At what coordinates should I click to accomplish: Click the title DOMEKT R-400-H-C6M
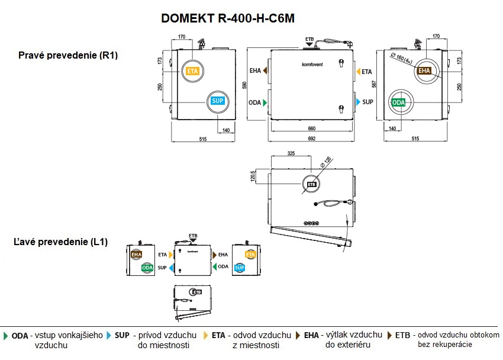(x=228, y=18)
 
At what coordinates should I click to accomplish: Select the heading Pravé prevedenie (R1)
(x=68, y=56)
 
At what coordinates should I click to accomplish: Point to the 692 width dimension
(x=311, y=139)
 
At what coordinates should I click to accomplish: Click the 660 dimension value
(x=311, y=128)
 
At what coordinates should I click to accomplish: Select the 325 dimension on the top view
(x=291, y=153)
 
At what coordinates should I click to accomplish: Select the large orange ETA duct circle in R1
(x=192, y=70)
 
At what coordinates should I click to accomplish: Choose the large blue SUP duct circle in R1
(x=217, y=101)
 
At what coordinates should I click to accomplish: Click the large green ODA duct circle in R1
(x=399, y=102)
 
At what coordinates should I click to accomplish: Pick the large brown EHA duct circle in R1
(x=424, y=70)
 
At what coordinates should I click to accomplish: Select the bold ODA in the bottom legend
(x=20, y=335)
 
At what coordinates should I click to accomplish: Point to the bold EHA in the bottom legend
(x=311, y=335)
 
